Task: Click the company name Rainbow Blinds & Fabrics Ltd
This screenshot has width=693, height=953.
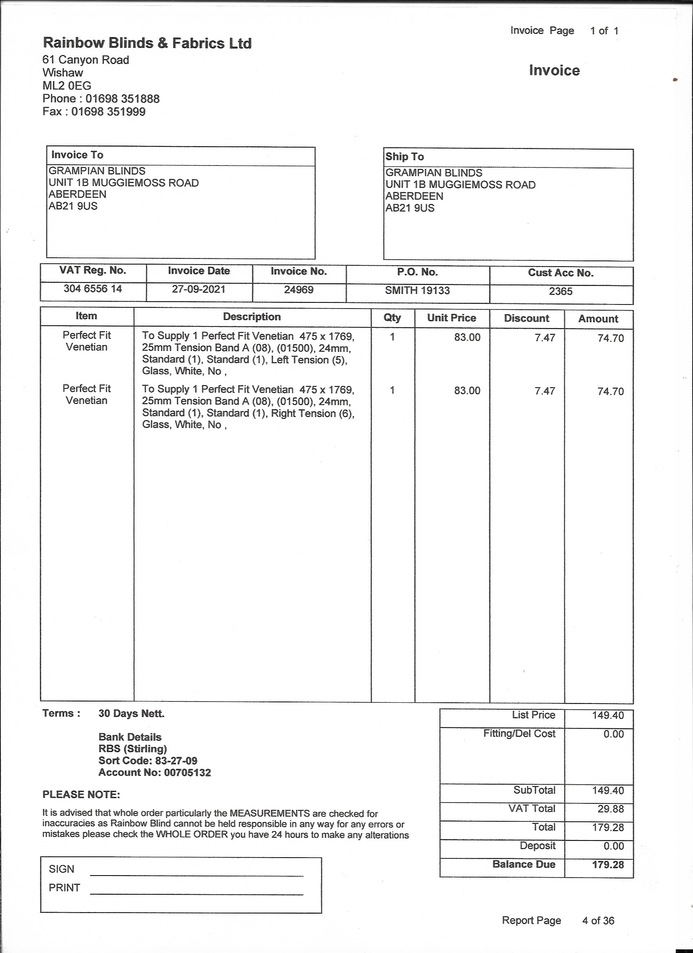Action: click(147, 43)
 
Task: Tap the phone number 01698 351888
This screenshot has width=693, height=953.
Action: click(122, 99)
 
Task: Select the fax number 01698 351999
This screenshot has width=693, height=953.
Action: click(108, 112)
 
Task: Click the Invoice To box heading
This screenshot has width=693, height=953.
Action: click(77, 155)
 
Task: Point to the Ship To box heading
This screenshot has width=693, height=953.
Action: click(405, 157)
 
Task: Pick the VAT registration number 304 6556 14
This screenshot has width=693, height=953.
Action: click(93, 289)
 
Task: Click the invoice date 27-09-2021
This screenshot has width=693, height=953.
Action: click(199, 289)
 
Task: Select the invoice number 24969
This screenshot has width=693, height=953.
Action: click(298, 289)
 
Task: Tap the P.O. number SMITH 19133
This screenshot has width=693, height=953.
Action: click(417, 290)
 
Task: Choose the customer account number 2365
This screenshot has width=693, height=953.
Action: click(561, 291)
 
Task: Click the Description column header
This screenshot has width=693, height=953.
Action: click(252, 317)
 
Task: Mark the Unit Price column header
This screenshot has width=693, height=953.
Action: click(451, 318)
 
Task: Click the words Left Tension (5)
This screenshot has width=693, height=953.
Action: click(309, 360)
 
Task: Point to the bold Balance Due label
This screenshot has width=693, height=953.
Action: click(524, 864)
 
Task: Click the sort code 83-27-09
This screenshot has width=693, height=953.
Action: click(176, 761)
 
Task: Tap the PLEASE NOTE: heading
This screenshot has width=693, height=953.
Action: click(81, 794)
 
